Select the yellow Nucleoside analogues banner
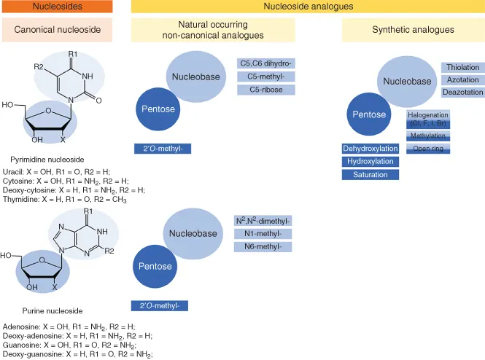tap(307, 7)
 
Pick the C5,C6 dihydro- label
tap(265, 63)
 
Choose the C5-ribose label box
tap(265, 90)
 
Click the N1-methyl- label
tap(263, 234)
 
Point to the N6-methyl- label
tap(263, 247)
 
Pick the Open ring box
tap(428, 149)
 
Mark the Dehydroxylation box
tap(370, 149)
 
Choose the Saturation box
tap(370, 175)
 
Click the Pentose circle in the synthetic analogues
tap(369, 115)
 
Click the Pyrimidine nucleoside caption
tap(48, 158)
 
